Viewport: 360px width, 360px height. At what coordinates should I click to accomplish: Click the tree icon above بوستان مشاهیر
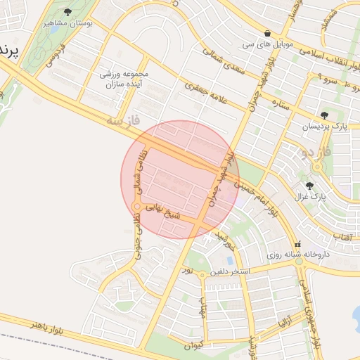click(67, 12)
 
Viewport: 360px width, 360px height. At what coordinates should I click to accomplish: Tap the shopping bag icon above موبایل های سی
click(267, 33)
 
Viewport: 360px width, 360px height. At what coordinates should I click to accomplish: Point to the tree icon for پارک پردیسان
click(323, 115)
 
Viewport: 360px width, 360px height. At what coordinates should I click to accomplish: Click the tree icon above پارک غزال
click(310, 186)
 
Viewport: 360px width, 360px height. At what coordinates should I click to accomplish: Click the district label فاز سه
click(124, 122)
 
